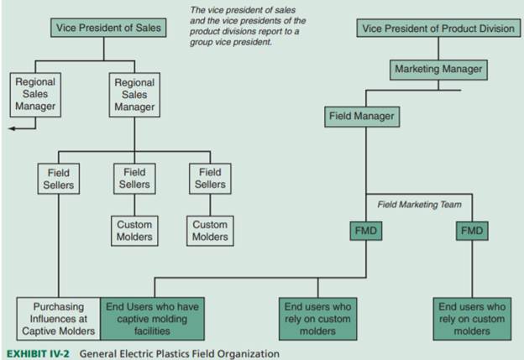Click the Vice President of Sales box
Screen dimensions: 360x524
pos(104,29)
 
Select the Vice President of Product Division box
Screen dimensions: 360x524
pos(438,29)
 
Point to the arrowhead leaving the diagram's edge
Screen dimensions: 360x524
pos(11,128)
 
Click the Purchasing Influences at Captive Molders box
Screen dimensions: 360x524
pos(59,319)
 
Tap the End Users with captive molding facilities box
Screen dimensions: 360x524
pos(152,319)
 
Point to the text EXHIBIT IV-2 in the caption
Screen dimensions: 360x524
pos(39,353)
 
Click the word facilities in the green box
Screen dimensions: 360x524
pos(152,331)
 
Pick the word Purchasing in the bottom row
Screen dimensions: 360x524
pos(59,307)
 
